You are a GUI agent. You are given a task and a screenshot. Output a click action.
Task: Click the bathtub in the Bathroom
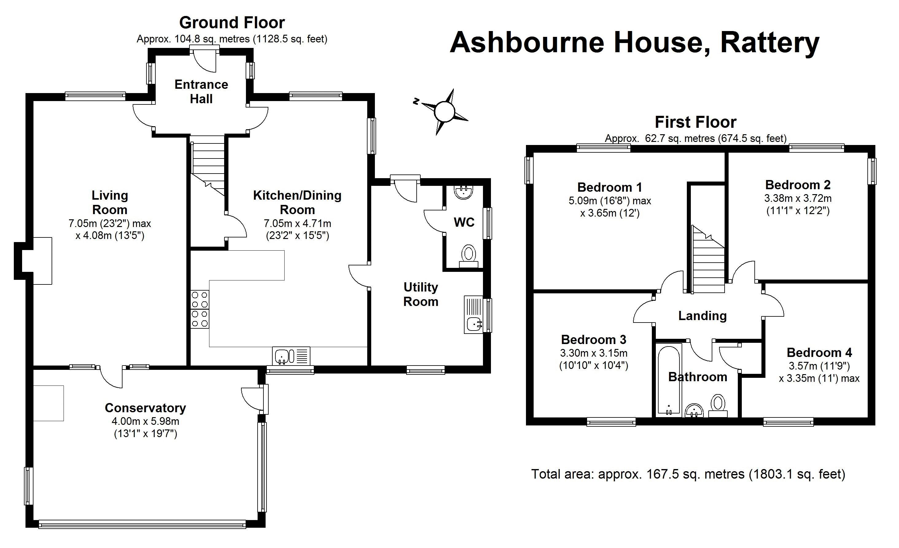(x=669, y=380)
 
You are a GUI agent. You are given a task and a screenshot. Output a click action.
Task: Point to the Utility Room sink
(x=474, y=323)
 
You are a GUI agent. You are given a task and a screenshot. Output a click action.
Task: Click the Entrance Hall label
(x=201, y=92)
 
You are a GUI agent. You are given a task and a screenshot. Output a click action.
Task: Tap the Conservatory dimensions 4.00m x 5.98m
(x=145, y=421)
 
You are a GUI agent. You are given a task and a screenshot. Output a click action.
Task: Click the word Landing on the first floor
(x=702, y=316)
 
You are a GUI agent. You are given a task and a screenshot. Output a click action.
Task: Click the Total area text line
(x=688, y=474)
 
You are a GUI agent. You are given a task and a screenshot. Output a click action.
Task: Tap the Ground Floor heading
(x=232, y=23)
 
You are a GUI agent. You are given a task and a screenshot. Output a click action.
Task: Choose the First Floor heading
(x=695, y=122)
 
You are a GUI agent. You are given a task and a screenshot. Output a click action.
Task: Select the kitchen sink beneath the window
(x=291, y=356)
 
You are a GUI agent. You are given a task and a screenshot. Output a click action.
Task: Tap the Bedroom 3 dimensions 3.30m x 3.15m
(x=593, y=353)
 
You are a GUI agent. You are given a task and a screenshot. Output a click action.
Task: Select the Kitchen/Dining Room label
(x=297, y=203)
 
